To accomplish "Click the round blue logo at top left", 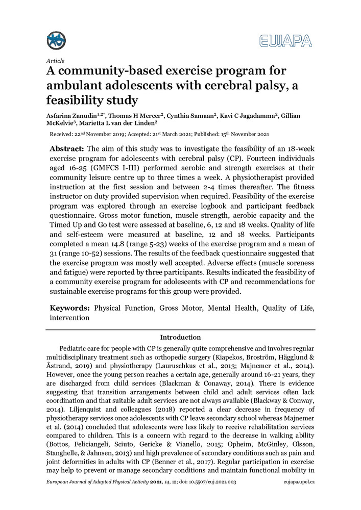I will (x=56, y=40).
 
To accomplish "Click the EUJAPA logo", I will (x=285, y=41).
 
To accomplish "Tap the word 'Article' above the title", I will (x=55, y=61).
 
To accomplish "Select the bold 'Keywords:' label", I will (x=69, y=309).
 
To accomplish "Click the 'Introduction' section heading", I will (x=180, y=337).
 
